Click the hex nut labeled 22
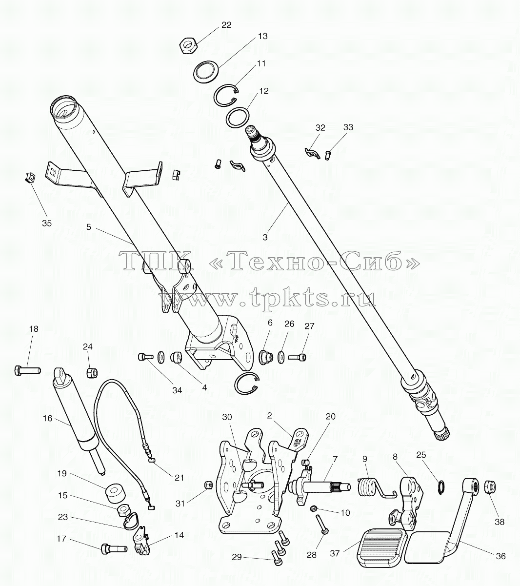point(188,46)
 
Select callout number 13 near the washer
point(262,37)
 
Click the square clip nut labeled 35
point(30,177)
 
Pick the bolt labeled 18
point(27,370)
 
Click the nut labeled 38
point(489,485)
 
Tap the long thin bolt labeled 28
point(322,524)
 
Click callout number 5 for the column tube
point(88,227)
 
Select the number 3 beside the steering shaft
point(265,237)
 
